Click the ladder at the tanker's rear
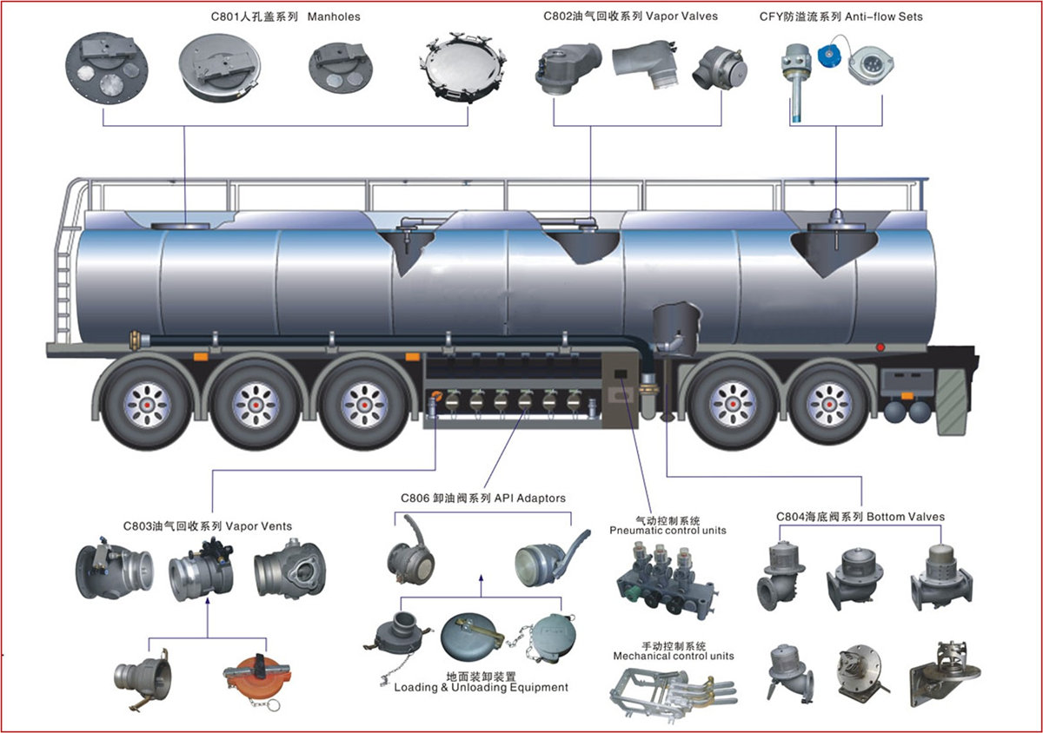[63, 269]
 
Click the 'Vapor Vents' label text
[259, 525]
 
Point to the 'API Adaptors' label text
[530, 499]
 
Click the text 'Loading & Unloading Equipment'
[482, 687]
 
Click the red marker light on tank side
[880, 347]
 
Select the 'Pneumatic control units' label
[668, 530]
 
